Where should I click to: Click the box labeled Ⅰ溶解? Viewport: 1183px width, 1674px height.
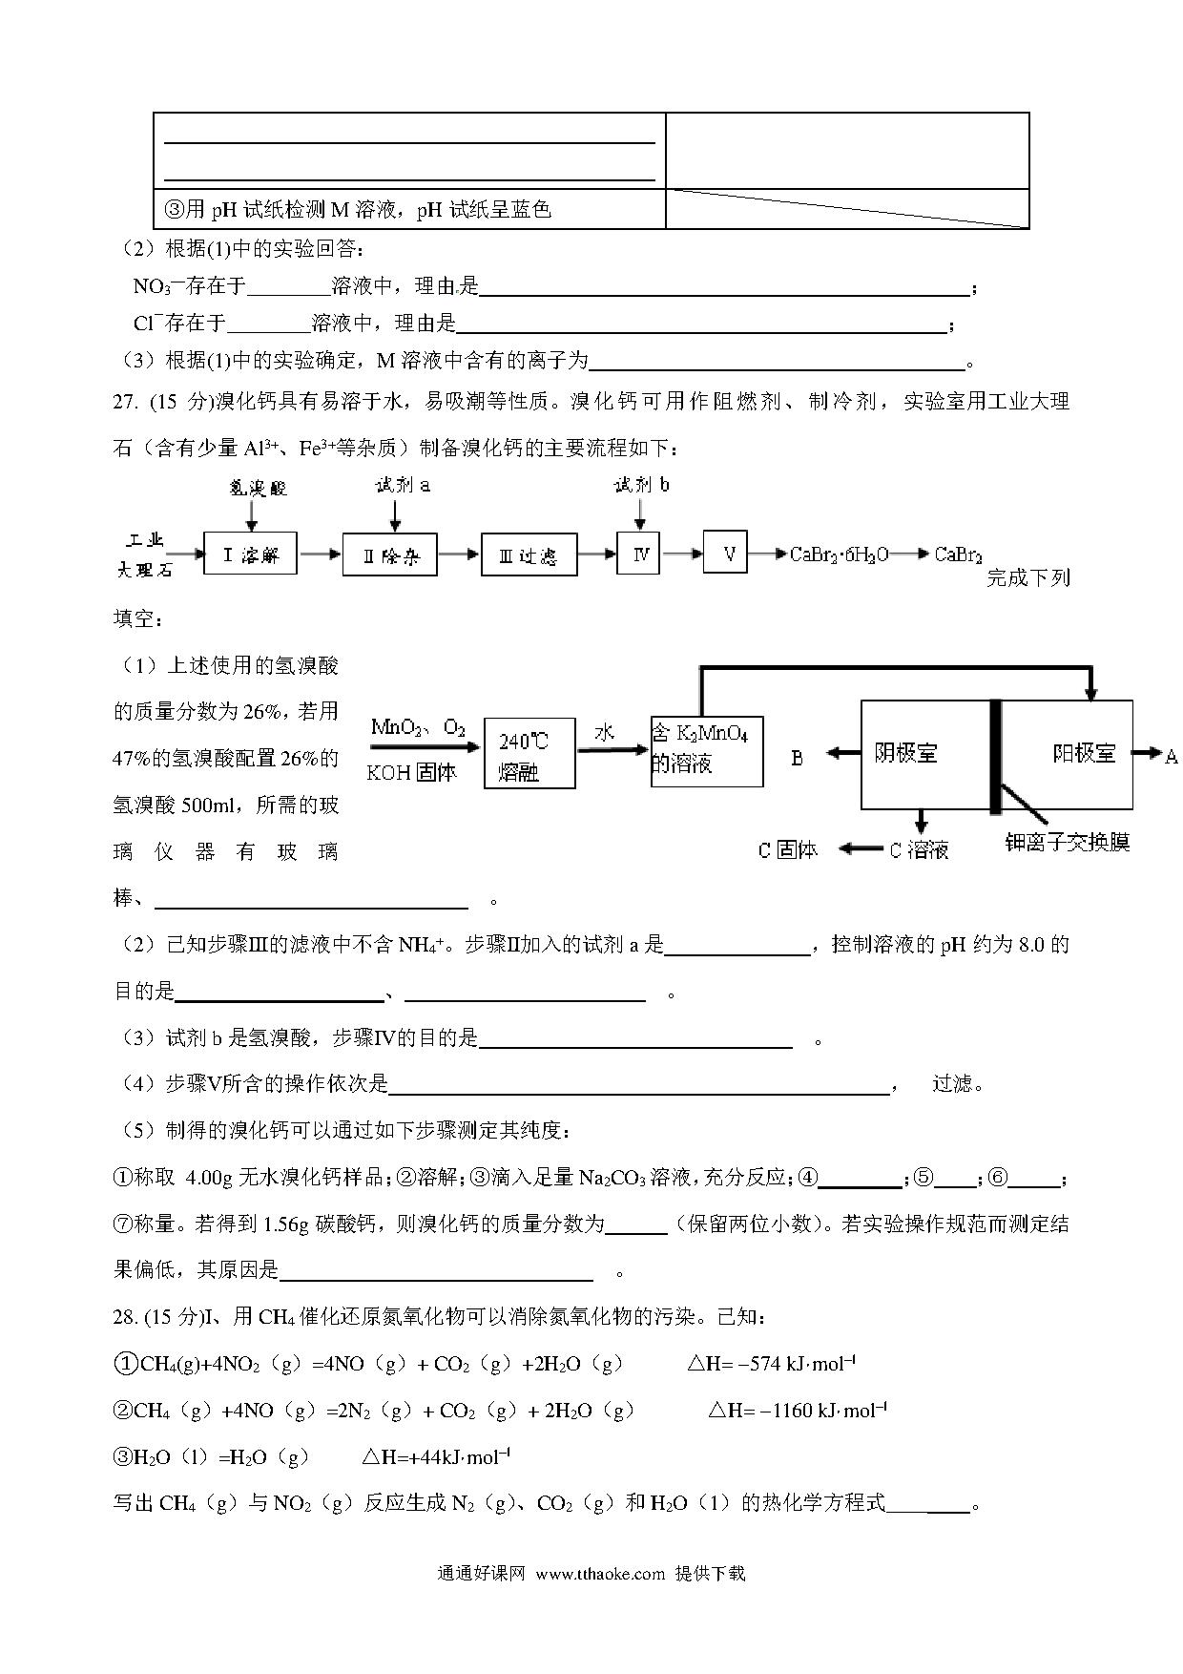pos(250,554)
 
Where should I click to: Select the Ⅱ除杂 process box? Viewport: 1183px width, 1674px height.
pos(389,555)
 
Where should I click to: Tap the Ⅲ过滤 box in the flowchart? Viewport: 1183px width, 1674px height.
pos(529,555)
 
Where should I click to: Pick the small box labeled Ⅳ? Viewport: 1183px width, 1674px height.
pos(639,553)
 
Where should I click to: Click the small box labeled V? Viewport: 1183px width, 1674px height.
pos(725,553)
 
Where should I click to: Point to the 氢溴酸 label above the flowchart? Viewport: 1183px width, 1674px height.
pos(257,488)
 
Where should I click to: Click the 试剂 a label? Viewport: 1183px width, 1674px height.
pos(403,485)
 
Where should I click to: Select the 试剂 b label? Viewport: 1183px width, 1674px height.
pos(641,485)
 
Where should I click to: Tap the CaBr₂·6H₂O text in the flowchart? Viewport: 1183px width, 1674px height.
pos(840,555)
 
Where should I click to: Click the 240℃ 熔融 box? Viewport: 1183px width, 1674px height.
pos(529,753)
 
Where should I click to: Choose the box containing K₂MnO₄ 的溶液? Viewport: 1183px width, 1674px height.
pos(706,751)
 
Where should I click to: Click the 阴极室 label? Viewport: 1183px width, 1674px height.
pos(905,753)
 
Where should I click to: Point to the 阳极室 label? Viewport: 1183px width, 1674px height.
pos(1084,753)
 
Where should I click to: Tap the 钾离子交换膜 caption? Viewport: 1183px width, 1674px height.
pos(1067,842)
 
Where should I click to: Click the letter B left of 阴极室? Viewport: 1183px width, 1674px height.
pos(798,758)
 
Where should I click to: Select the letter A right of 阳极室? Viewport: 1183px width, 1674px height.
pos(1172,756)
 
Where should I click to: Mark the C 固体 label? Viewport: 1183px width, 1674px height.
pos(787,849)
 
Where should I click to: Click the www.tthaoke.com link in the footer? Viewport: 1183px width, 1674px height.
pos(599,1574)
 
